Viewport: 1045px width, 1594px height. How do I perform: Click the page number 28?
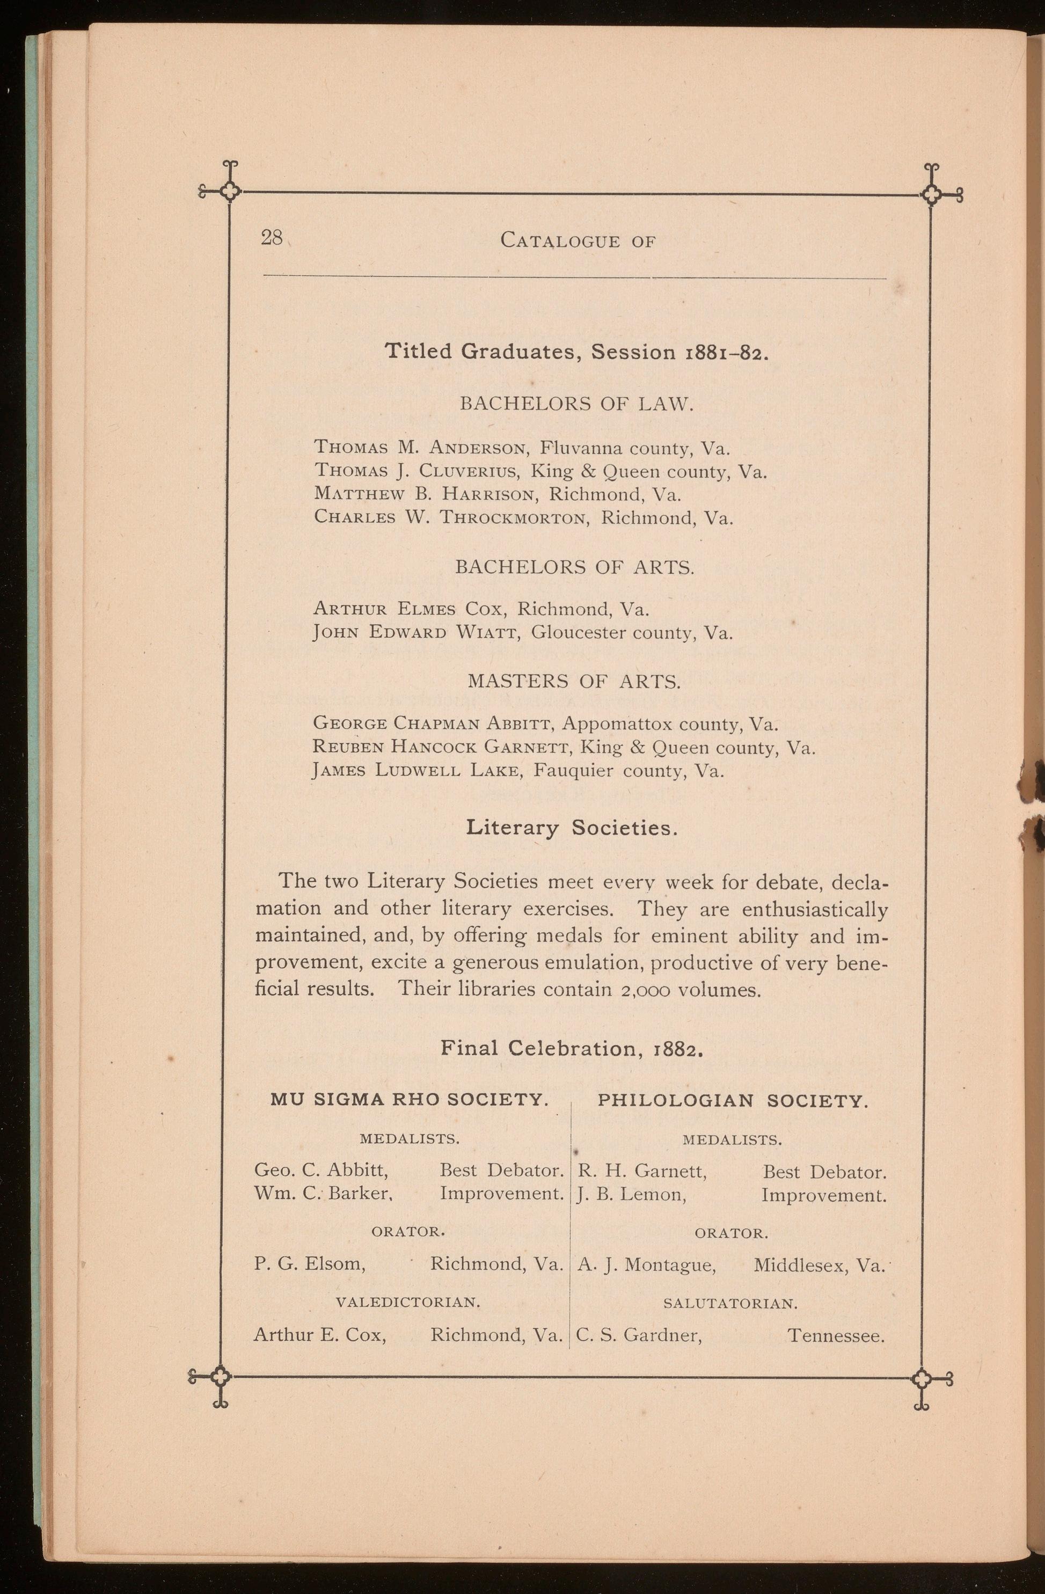[x=271, y=237]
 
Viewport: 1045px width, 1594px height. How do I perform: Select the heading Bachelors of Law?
[x=574, y=404]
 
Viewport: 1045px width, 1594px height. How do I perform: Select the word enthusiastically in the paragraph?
[x=815, y=910]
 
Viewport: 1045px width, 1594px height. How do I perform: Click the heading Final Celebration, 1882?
[x=572, y=1048]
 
